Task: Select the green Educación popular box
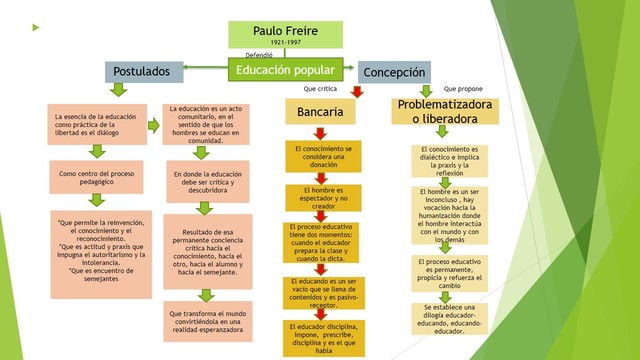[x=285, y=71]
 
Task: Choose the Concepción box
[x=394, y=72]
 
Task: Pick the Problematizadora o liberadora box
[x=445, y=111]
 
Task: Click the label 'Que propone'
[x=463, y=89]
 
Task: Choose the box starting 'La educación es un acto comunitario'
[x=204, y=124]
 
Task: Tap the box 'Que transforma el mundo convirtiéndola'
[x=206, y=320]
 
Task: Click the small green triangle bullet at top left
[x=36, y=26]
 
